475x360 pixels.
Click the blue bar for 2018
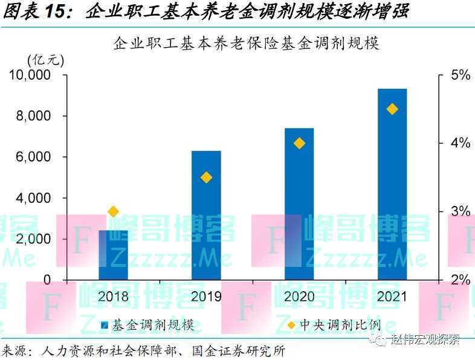113,254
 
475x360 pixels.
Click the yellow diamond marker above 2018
113,211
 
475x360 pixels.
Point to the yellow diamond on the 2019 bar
206,177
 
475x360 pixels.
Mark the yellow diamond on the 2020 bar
299,143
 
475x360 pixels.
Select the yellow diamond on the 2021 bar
392,109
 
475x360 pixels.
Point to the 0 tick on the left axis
47,280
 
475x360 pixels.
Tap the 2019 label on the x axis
206,297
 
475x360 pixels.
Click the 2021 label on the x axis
392,297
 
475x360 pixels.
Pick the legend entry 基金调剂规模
156,325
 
